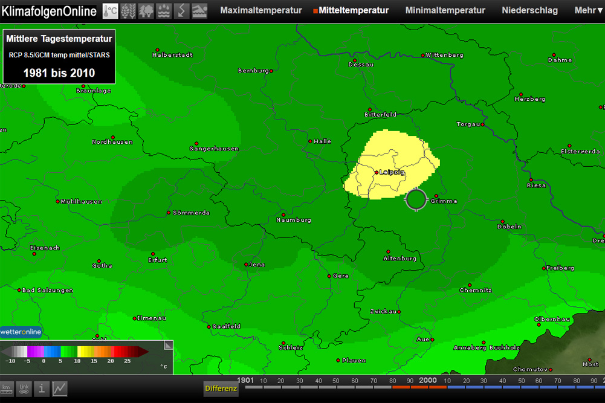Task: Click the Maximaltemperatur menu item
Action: click(260, 10)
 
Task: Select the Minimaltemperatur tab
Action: click(445, 10)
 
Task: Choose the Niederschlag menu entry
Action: click(529, 10)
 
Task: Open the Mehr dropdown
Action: click(588, 10)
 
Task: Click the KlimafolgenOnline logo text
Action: click(48, 11)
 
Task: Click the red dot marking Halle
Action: click(310, 141)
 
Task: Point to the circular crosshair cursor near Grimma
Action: click(416, 199)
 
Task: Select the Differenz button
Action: click(221, 388)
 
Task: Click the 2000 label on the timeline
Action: click(427, 381)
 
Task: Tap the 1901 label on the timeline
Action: click(245, 381)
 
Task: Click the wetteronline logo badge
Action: click(21, 332)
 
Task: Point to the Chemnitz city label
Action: click(475, 291)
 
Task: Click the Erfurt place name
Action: click(157, 260)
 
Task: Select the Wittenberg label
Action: click(444, 55)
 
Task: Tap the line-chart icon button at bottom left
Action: click(60, 388)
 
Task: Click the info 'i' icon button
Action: click(42, 388)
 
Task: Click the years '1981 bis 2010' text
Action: click(59, 73)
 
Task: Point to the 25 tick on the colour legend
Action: click(127, 361)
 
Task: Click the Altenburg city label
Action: click(400, 259)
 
